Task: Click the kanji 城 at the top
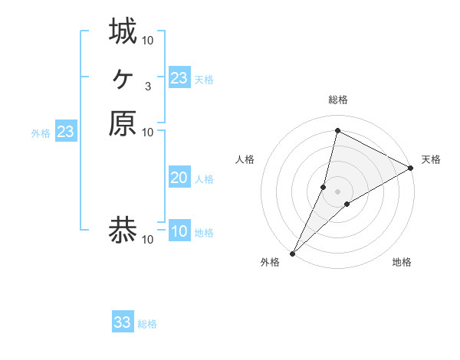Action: [123, 31]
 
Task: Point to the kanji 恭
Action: [123, 229]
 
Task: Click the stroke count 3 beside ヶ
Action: [147, 86]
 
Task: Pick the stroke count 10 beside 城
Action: [148, 40]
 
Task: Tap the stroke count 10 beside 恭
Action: [148, 239]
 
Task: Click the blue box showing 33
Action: [123, 322]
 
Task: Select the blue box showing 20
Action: [179, 178]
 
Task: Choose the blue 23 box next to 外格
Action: [66, 132]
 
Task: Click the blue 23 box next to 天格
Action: [179, 78]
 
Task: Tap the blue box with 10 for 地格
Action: [179, 231]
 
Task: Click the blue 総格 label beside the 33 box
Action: [147, 324]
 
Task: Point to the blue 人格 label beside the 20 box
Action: [204, 179]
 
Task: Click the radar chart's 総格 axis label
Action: [337, 100]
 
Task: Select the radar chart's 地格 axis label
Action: [402, 262]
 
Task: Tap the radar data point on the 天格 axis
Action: [411, 168]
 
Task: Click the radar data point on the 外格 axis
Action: [292, 254]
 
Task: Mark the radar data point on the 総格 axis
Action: [337, 130]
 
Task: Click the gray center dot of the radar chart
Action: [337, 191]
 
